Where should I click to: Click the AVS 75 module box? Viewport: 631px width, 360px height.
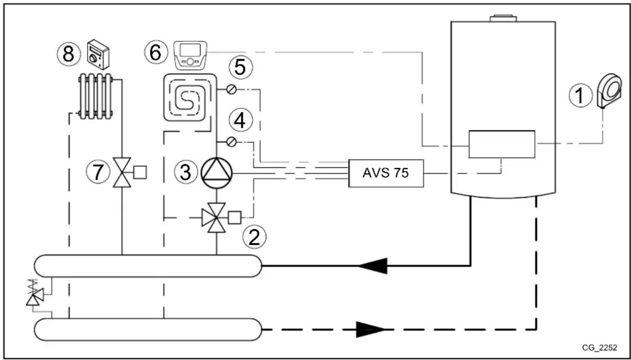386,173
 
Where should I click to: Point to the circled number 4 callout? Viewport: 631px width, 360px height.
240,120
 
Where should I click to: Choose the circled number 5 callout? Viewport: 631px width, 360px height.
240,68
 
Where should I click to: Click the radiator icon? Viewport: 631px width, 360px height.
95,96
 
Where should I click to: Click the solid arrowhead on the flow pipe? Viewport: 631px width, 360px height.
373,265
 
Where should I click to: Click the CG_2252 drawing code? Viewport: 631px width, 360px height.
600,347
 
